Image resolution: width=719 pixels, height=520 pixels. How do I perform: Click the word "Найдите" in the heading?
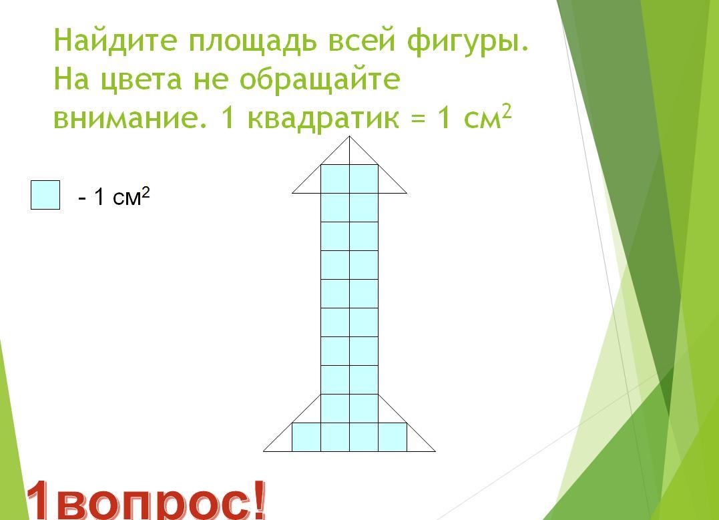coord(115,40)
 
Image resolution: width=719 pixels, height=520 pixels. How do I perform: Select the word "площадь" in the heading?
coord(252,42)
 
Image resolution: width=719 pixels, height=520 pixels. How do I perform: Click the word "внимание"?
coord(129,118)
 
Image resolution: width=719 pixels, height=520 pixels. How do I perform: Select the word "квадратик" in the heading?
coord(323,118)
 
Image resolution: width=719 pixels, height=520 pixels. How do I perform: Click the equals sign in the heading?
coord(418,119)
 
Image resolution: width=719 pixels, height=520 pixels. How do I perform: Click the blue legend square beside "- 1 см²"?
coord(45,195)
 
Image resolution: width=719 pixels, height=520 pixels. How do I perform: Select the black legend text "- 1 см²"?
coord(114,197)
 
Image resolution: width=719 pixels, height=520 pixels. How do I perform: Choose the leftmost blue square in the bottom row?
coord(306,437)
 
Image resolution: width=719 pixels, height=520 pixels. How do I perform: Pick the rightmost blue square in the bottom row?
coord(393,437)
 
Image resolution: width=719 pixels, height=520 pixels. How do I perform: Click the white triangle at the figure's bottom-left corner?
coord(282,442)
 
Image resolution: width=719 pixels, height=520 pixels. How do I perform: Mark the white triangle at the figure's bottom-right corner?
coord(417,442)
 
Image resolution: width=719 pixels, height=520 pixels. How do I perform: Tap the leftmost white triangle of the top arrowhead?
coord(311,184)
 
